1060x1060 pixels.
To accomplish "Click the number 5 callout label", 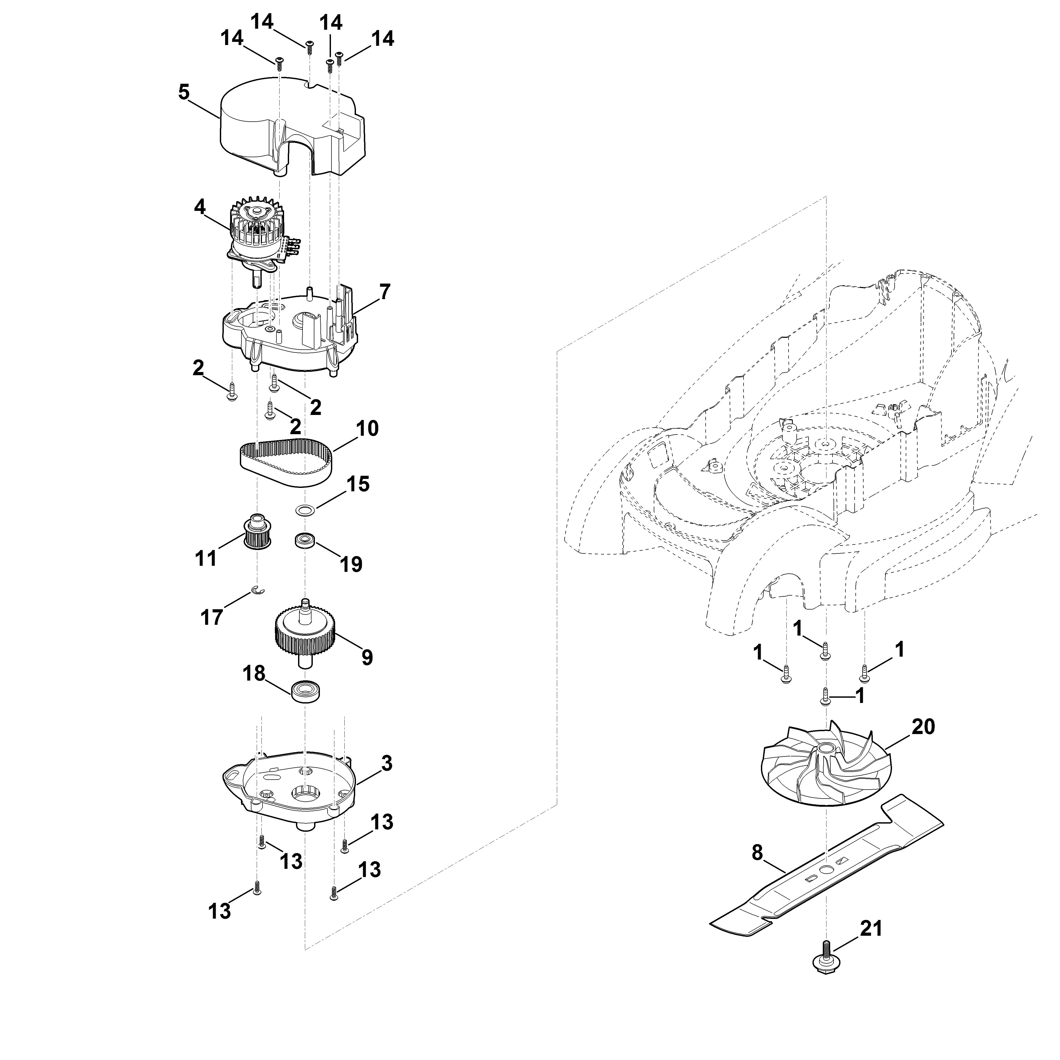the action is pyautogui.click(x=184, y=92).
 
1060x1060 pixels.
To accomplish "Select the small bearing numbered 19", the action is pyautogui.click(x=305, y=541).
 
